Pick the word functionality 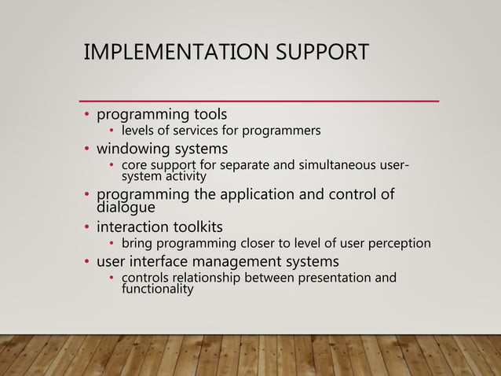pos(157,289)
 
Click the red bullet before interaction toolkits pos(88,228)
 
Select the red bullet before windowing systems pos(88,149)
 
